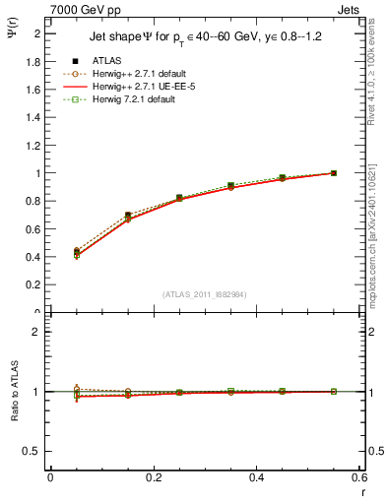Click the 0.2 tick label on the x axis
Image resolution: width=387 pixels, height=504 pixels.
point(153,476)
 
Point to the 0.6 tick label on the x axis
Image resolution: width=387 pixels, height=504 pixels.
point(358,476)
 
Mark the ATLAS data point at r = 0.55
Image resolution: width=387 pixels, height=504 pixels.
point(333,173)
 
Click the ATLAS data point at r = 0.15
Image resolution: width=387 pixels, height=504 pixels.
point(128,215)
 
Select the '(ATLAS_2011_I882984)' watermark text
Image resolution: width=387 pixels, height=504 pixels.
point(205,293)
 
